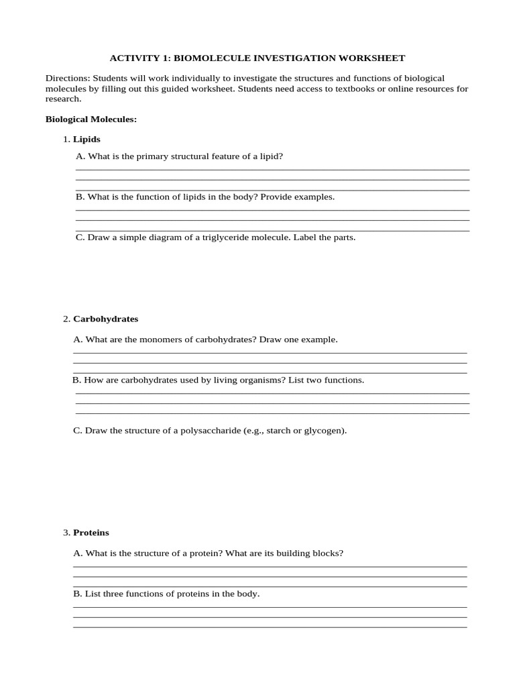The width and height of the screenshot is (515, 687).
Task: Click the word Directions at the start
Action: point(67,78)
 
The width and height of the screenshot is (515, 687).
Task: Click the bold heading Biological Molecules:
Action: point(91,119)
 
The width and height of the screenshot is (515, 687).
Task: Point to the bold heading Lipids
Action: point(87,140)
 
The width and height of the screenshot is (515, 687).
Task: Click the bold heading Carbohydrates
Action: point(105,319)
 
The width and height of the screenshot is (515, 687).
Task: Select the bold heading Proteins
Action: point(91,533)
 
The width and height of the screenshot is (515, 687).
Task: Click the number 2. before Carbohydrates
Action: point(66,319)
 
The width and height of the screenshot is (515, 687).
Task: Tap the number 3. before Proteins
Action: point(66,533)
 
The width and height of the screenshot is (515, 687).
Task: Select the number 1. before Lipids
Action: point(66,140)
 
